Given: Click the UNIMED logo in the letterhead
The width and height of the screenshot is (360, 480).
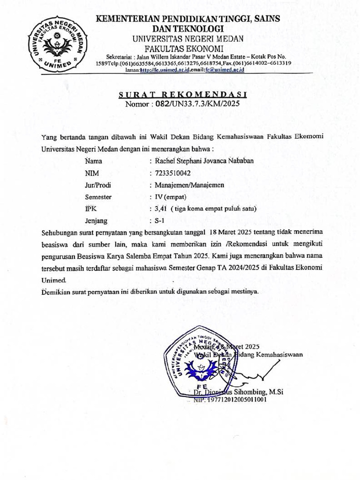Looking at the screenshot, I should tap(57, 45).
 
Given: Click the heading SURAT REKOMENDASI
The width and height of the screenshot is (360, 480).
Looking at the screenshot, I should tap(183, 95).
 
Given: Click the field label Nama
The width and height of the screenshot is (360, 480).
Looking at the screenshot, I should tap(94, 161).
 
